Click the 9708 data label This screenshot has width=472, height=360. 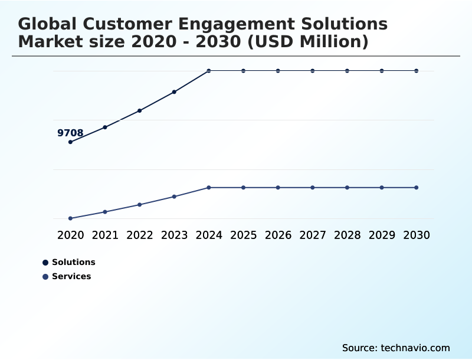70,133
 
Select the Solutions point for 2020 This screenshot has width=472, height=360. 70,142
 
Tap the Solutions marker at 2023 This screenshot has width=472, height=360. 174,92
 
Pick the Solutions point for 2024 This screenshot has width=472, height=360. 209,71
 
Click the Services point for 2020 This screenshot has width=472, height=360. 70,218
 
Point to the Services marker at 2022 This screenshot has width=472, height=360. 140,205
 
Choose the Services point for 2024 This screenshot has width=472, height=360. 209,188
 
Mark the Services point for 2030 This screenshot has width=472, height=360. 417,188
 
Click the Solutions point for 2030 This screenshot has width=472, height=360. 417,71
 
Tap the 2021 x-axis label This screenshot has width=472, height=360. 105,235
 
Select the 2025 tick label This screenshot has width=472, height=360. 243,235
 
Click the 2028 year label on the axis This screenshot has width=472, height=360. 347,235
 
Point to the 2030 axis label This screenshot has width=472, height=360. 417,235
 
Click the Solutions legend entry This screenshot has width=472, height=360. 73,263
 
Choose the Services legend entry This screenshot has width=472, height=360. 71,277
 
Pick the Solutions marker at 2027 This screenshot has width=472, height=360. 313,71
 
